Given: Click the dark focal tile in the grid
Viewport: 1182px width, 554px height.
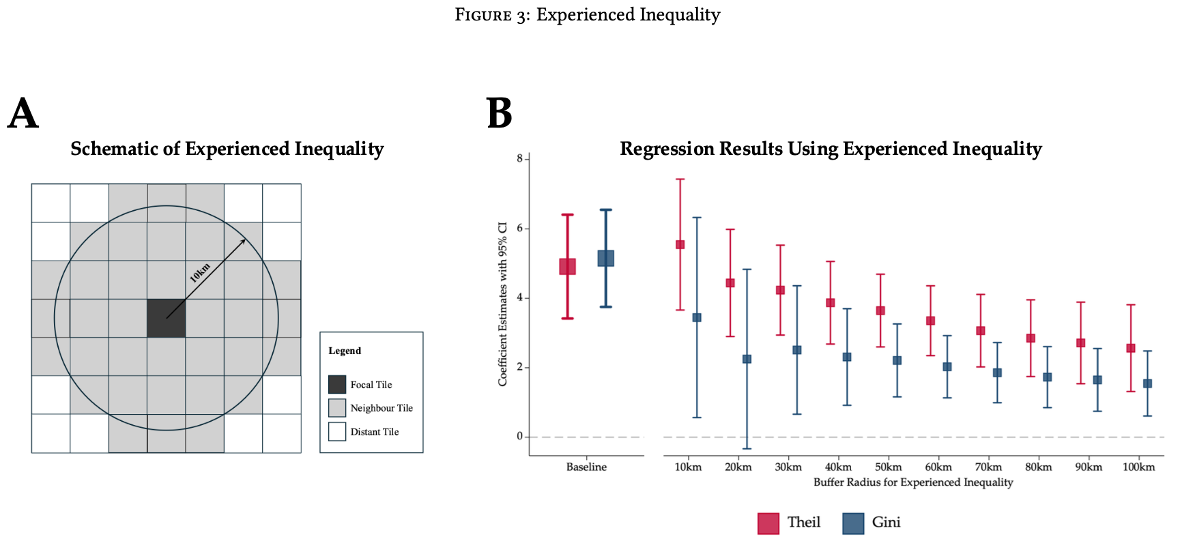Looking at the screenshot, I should (x=166, y=318).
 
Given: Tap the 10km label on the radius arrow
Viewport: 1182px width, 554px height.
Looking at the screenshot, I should (x=200, y=272).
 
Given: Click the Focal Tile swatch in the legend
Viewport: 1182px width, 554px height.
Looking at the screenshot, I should (x=337, y=384).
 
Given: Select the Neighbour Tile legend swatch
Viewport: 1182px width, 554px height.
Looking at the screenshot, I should (x=337, y=408).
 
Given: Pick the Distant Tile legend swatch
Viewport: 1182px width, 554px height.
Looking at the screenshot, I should (x=337, y=432).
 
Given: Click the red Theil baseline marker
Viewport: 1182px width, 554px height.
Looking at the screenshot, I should (x=567, y=266).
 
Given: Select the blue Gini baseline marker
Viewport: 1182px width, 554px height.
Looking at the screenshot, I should (x=605, y=258).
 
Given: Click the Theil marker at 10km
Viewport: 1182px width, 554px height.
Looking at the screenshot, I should (x=680, y=244).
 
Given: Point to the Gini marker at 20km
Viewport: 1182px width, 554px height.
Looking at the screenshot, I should (x=747, y=359).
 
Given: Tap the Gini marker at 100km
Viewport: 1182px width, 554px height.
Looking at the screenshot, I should (x=1147, y=383).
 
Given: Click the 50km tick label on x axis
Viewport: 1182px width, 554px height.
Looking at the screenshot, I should (x=888, y=467).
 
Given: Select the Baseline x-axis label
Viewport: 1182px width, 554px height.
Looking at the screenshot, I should (x=586, y=467).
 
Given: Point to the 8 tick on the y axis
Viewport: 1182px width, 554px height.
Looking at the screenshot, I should (x=519, y=158).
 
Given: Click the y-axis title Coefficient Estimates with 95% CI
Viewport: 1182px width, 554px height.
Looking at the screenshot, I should (x=503, y=304).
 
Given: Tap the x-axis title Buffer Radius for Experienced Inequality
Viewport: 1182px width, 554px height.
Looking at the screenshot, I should (x=912, y=482).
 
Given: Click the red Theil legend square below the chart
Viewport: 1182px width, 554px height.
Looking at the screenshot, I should (x=768, y=523).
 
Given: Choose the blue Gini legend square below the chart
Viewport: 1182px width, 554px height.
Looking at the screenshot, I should (x=853, y=523).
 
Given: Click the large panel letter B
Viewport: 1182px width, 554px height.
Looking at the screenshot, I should (x=499, y=113).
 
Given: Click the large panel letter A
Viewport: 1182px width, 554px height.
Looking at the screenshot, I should (x=23, y=113).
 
